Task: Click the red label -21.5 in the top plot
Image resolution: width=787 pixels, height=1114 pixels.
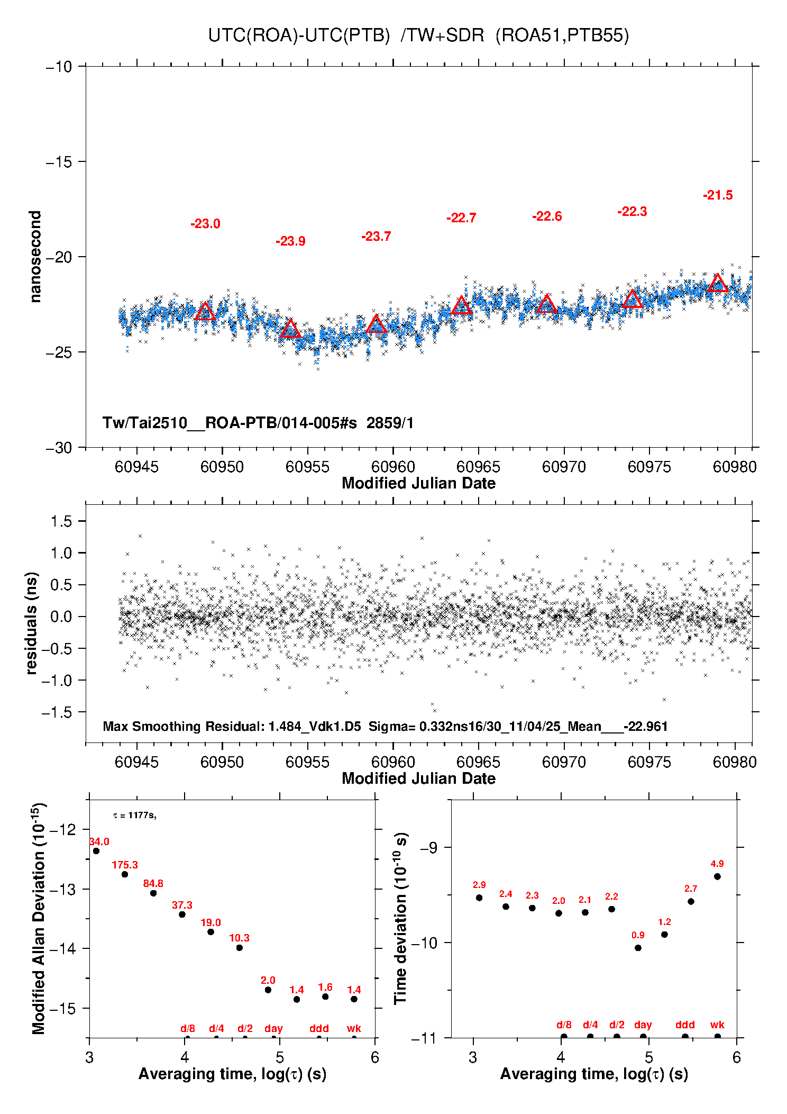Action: point(718,195)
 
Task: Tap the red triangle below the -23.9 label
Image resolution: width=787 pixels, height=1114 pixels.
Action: point(290,329)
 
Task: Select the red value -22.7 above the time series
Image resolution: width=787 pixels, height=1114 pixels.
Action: point(461,218)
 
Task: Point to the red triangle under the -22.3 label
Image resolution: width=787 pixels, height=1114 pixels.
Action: point(632,300)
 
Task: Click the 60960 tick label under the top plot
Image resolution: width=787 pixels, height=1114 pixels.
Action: point(393,467)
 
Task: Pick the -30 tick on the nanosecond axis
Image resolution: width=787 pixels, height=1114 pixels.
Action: point(59,448)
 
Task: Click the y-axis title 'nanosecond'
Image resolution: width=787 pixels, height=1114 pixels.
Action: point(35,257)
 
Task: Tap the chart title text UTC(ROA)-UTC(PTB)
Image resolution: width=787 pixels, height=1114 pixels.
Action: point(299,35)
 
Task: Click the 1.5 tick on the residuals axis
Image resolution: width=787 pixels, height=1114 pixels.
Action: point(61,521)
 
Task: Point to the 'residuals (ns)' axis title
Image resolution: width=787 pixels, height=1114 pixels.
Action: point(32,623)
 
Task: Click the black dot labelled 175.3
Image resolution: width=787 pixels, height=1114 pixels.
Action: point(125,874)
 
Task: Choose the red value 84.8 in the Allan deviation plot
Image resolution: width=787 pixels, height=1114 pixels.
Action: point(153,883)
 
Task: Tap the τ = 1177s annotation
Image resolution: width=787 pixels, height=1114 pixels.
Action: point(134,816)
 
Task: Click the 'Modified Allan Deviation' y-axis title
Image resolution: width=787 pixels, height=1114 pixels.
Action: point(38,918)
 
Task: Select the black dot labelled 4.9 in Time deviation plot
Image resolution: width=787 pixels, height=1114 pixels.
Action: point(717,876)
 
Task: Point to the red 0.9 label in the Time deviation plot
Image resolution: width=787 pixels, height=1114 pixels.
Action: point(638,935)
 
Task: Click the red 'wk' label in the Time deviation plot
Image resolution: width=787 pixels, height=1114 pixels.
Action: point(717,1025)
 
